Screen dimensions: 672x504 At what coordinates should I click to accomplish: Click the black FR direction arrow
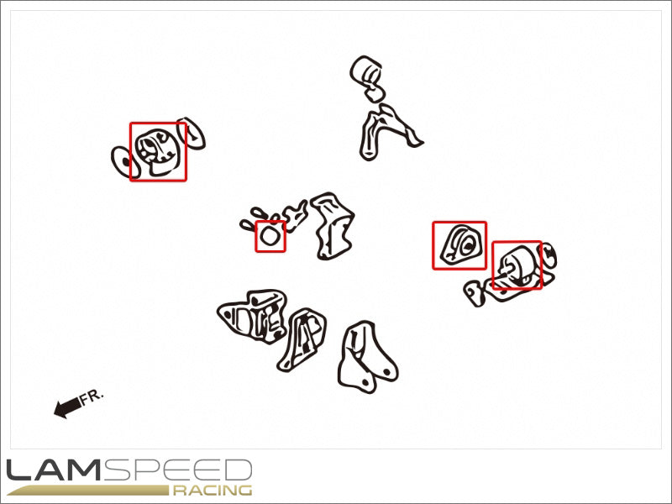tap(67, 407)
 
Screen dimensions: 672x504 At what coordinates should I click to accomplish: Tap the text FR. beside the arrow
tap(92, 396)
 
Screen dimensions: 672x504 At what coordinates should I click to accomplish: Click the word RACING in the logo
tap(213, 491)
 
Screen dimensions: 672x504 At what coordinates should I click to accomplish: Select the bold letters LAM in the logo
tap(54, 470)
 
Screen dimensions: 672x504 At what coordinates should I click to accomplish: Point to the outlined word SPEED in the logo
tap(177, 470)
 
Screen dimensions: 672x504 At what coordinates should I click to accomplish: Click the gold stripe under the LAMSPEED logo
tap(88, 491)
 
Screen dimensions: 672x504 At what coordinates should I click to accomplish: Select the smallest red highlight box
tap(270, 236)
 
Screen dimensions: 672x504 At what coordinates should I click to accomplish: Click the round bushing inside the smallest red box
tap(270, 237)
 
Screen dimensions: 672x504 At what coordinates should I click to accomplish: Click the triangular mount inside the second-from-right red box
tap(459, 245)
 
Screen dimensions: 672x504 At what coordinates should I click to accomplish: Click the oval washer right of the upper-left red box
tap(192, 134)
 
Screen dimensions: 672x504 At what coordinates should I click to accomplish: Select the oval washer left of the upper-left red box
tap(124, 162)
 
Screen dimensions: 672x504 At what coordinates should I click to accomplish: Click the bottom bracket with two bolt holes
tap(367, 358)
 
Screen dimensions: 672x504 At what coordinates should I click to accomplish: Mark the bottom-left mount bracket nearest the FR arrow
tap(253, 316)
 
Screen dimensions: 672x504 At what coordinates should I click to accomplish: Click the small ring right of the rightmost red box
tap(549, 255)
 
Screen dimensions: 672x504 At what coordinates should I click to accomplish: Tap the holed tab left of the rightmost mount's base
tap(474, 293)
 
